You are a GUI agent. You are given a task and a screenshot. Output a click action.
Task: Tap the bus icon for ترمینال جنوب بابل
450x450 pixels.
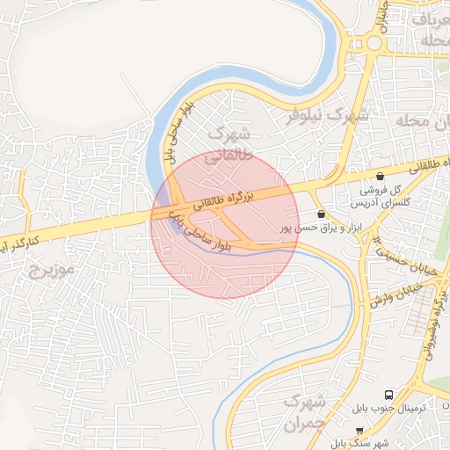click(388, 395)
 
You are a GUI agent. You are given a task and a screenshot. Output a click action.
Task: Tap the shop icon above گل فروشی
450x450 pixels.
click(380, 177)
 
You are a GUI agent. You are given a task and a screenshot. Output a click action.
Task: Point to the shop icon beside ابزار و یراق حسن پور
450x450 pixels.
click(320, 214)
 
